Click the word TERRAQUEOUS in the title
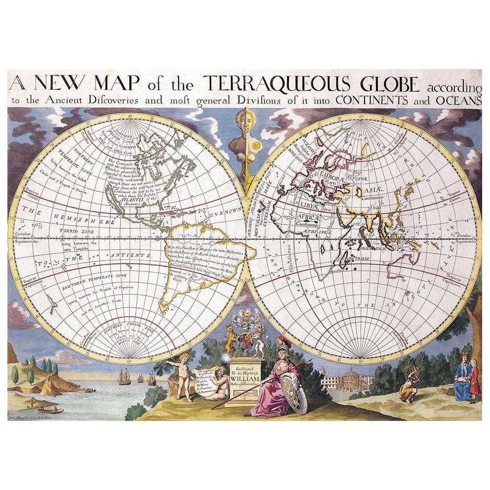point(277,84)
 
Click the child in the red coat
point(474,381)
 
